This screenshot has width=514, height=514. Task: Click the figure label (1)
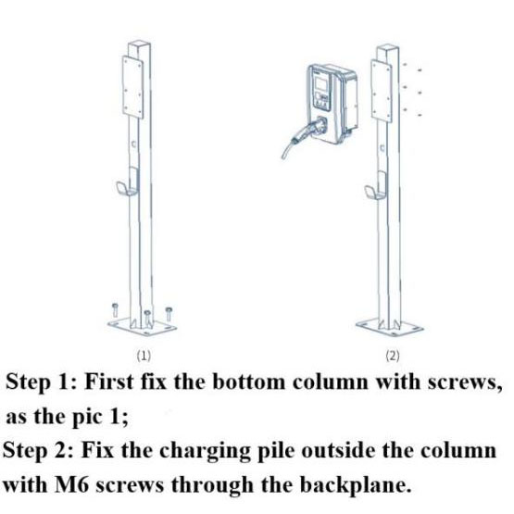click(144, 356)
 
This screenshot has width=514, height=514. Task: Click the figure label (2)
click(393, 356)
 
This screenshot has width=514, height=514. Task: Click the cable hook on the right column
click(376, 189)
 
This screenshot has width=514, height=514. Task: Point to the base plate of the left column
click(142, 326)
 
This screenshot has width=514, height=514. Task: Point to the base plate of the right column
click(390, 327)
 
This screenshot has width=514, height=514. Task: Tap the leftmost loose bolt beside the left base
click(115, 309)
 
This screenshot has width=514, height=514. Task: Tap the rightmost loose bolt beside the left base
click(169, 314)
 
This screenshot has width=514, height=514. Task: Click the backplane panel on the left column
click(132, 87)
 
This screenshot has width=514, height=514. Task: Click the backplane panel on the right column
click(382, 91)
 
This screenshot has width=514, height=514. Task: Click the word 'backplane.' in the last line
click(356, 484)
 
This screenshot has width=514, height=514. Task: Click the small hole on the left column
click(133, 144)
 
